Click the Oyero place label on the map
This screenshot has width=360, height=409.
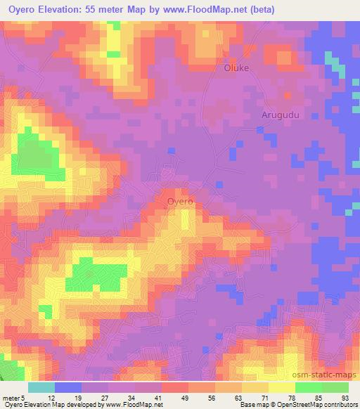click(x=180, y=201)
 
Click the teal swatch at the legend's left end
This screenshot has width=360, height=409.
click(x=41, y=387)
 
